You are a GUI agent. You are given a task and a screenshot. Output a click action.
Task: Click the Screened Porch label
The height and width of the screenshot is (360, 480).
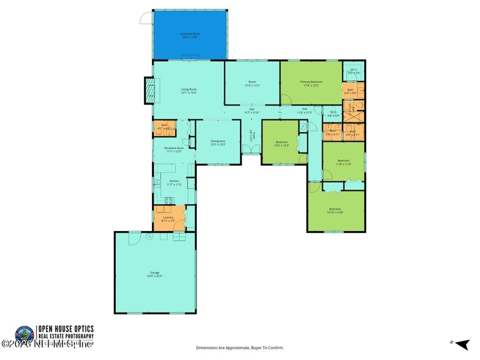pyautogui.click(x=190, y=35)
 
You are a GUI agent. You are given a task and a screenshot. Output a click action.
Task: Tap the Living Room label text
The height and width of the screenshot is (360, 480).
pyautogui.click(x=190, y=91)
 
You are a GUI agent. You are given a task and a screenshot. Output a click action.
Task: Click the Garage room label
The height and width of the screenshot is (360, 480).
pyautogui.click(x=155, y=274)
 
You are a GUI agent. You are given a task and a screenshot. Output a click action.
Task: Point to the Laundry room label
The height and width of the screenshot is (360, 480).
pyautogui.click(x=168, y=218)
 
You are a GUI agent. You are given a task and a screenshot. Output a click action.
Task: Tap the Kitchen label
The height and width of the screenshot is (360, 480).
pyautogui.click(x=174, y=182)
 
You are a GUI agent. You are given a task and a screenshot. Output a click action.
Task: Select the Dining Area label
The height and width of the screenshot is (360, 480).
pyautogui.click(x=217, y=142)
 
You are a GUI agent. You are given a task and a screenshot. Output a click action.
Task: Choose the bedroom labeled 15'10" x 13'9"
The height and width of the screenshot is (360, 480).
pyautogui.click(x=334, y=210)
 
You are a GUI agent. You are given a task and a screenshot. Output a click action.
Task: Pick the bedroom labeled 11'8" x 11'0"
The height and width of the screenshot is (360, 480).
pyautogui.click(x=343, y=161)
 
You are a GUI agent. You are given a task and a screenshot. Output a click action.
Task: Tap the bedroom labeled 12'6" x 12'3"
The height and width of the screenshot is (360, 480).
pyautogui.click(x=281, y=143)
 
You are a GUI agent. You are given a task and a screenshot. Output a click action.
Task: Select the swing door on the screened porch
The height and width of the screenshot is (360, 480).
pyautogui.click(x=145, y=17)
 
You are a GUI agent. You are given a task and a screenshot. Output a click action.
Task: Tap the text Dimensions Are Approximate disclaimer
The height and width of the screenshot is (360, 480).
pyautogui.click(x=239, y=347)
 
